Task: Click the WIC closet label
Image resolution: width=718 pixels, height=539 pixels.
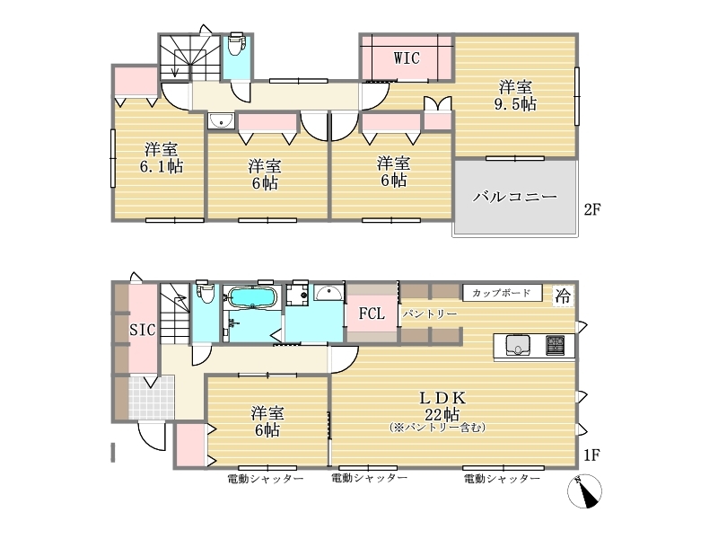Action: pos(407,58)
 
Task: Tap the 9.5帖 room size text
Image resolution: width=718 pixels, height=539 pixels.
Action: pos(515,104)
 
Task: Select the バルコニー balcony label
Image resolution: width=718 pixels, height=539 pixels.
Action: pos(515,197)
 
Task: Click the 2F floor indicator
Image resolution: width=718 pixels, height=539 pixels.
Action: pos(592,209)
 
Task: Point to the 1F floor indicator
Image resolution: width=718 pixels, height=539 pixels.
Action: pos(591,455)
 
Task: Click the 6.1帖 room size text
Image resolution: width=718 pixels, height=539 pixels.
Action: pos(162,166)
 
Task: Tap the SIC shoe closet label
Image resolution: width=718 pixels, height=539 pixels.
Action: pos(143,330)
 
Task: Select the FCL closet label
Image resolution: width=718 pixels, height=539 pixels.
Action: pos(372,314)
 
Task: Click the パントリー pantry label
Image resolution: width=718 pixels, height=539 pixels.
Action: pos(430,314)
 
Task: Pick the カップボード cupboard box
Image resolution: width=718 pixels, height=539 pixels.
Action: pos(502,293)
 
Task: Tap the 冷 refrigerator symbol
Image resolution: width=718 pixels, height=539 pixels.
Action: pos(563,296)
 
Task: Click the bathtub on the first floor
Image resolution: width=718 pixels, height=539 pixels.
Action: pos(252,297)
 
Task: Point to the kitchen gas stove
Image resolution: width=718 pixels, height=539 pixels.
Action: pos(555,346)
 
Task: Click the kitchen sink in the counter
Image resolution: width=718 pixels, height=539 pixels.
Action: pos(518,346)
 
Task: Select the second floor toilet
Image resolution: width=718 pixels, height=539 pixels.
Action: pos(236,43)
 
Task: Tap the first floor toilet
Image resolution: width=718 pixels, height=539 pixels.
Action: pos(205,291)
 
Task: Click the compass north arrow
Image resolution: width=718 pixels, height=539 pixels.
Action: pos(585,491)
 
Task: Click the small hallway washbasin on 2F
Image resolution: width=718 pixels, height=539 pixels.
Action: pos(221,121)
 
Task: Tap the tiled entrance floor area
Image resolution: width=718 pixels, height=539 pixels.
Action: pos(152,397)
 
